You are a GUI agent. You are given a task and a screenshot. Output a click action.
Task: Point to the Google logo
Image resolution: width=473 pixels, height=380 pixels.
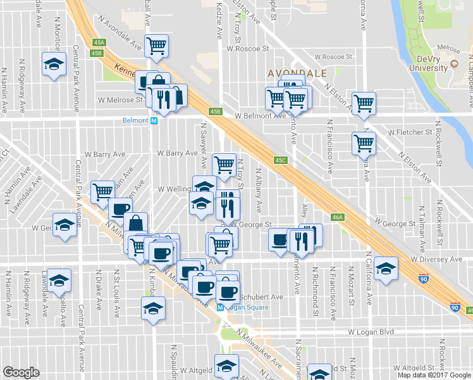pos(21,372)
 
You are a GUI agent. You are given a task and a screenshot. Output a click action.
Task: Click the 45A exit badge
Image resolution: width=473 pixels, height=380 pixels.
pos(99,43)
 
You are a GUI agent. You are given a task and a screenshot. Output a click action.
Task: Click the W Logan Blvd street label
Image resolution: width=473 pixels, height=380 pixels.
pos(371,331)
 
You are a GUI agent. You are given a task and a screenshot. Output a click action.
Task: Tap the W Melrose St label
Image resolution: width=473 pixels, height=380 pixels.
pos(120,99)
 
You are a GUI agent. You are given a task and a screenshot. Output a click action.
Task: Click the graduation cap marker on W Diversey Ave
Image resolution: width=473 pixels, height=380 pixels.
pos(386,268)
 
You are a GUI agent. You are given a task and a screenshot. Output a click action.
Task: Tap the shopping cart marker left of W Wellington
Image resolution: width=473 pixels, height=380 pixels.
pos(102,191)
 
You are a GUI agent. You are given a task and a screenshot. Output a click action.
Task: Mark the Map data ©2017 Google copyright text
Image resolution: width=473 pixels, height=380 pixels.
pos(434,374)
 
